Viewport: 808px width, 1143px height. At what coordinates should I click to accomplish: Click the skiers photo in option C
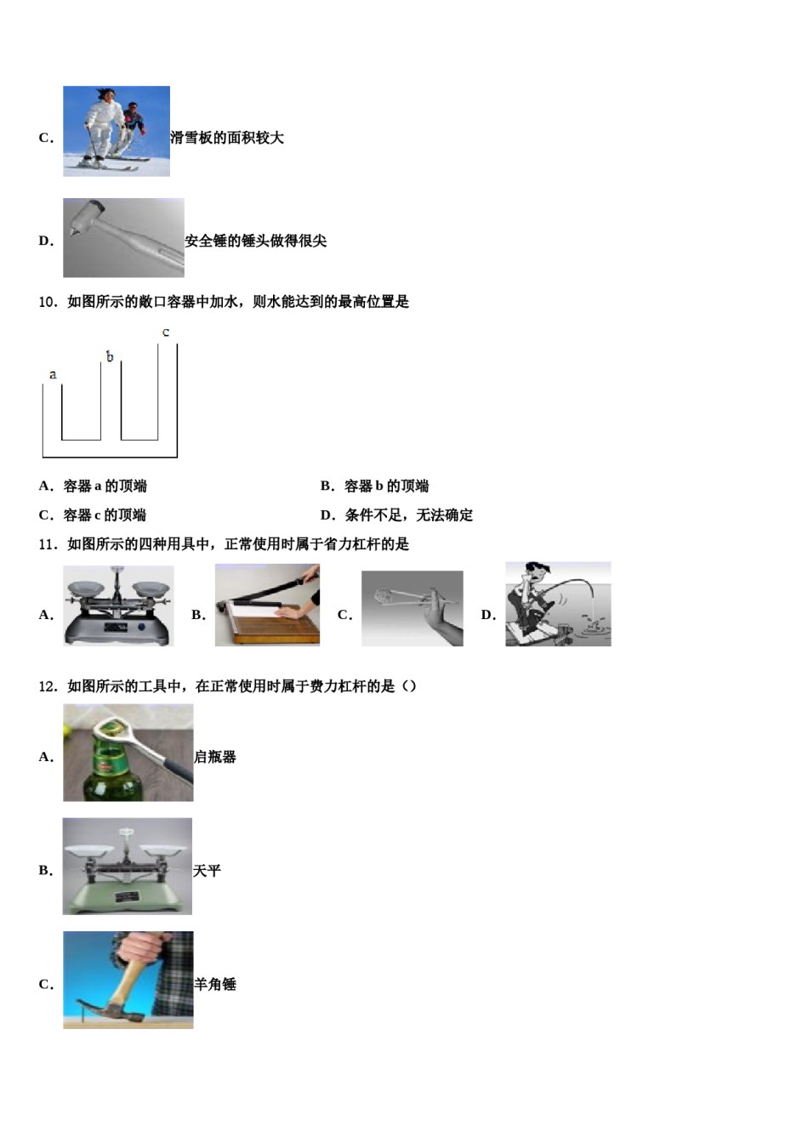tap(117, 131)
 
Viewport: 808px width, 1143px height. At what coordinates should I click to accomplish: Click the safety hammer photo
tap(123, 238)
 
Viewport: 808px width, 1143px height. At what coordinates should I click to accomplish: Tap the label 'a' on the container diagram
tap(53, 374)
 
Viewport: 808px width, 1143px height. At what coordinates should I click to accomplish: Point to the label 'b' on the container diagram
tap(110, 357)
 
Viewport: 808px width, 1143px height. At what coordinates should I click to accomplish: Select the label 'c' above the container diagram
tap(166, 333)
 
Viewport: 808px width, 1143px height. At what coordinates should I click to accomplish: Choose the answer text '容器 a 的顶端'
tap(105, 486)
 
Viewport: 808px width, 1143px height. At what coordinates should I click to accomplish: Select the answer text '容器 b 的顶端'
tap(386, 486)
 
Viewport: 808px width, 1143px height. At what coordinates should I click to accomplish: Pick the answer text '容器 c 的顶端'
tap(105, 515)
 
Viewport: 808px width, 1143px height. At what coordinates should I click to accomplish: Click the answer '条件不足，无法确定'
tap(408, 515)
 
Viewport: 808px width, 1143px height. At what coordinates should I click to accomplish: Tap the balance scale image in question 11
tap(118, 606)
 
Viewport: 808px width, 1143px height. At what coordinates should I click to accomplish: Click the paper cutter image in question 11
tap(267, 605)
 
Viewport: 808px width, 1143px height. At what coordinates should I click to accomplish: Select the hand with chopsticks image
tap(413, 608)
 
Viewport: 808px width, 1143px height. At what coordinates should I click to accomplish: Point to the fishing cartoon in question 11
tap(558, 604)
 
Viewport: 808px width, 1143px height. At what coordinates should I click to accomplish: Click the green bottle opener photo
tap(128, 753)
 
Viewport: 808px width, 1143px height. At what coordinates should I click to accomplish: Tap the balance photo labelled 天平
tap(128, 866)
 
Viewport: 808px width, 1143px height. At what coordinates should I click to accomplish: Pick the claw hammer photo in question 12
tap(128, 980)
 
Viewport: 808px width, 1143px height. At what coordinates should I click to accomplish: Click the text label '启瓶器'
tap(215, 757)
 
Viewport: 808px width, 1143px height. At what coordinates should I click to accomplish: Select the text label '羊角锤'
tap(215, 985)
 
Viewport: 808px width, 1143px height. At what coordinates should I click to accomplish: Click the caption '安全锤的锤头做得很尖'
tap(256, 242)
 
